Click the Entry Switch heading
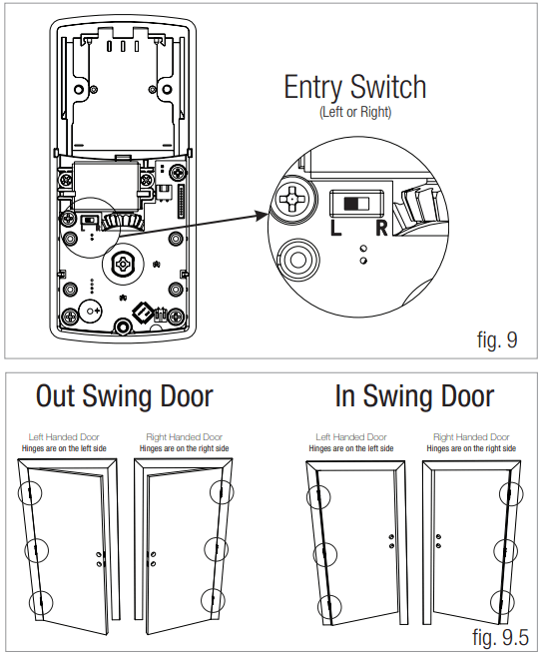(x=354, y=87)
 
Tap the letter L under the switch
(x=336, y=229)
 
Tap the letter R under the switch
(x=380, y=229)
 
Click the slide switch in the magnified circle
(x=355, y=204)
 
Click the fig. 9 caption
(x=496, y=339)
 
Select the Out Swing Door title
(x=124, y=396)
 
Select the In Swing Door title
(x=413, y=396)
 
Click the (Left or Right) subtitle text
(x=354, y=113)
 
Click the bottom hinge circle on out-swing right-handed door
(x=212, y=600)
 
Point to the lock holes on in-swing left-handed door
(x=390, y=540)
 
